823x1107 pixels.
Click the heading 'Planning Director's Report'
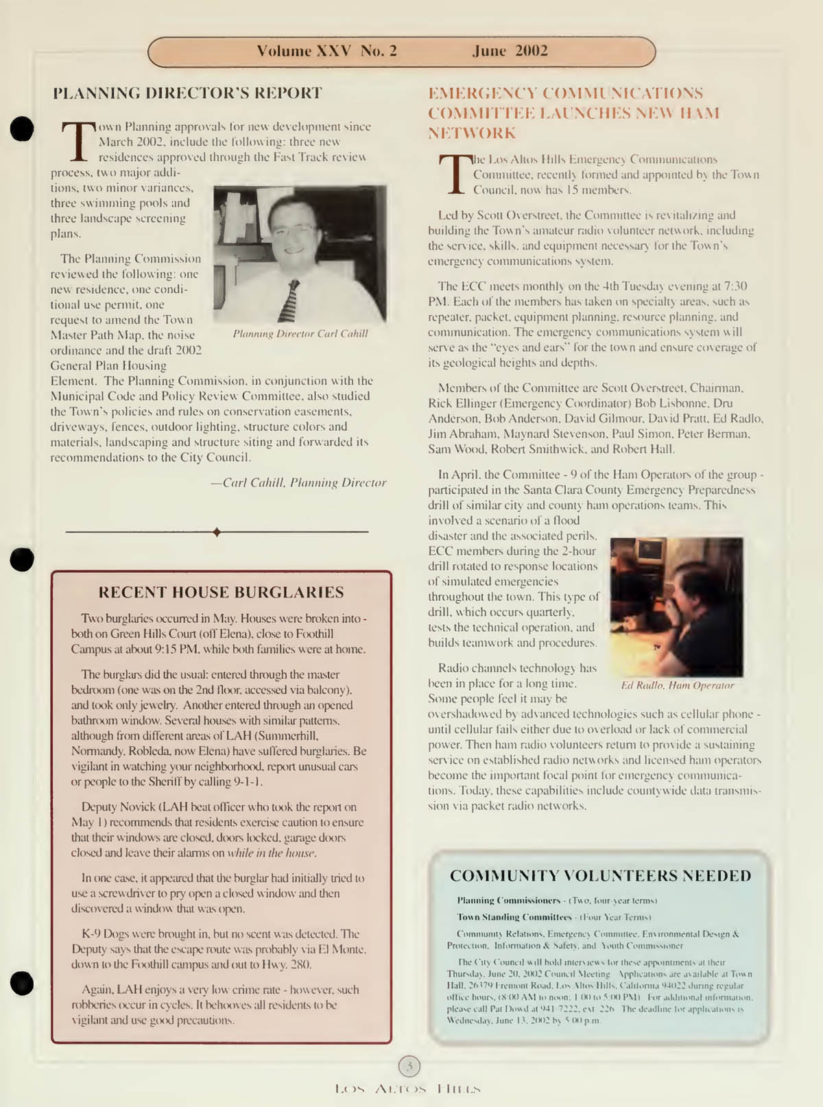(187, 93)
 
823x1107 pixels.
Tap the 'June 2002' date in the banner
(510, 51)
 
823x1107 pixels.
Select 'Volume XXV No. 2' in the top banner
(326, 51)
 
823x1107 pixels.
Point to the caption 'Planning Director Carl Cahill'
(300, 334)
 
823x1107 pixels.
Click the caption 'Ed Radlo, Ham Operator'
(677, 685)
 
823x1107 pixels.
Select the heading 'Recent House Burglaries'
(221, 592)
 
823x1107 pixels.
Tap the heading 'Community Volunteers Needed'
(600, 876)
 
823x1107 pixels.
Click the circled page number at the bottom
(409, 1066)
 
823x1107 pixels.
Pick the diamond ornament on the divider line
(217, 532)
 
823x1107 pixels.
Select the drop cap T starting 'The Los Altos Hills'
(454, 174)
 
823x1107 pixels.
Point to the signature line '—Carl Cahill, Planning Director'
(298, 483)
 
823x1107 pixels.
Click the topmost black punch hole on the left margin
(22, 128)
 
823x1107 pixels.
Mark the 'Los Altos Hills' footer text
(408, 1088)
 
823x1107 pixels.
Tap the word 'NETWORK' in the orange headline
(472, 132)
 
